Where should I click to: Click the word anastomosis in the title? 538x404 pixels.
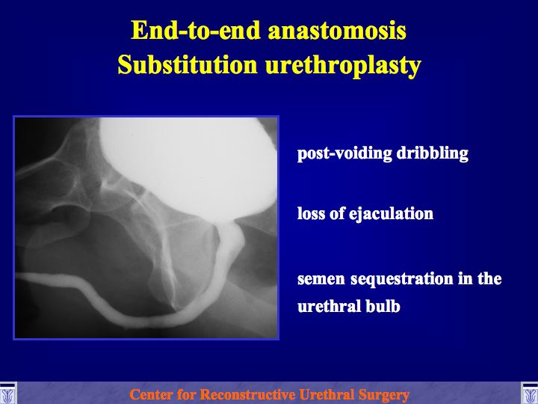tap(337, 31)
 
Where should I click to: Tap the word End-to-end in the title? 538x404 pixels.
tap(196, 30)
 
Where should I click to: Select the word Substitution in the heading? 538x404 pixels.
tap(188, 65)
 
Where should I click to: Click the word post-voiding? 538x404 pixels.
tap(344, 153)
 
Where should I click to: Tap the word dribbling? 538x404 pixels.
tap(433, 153)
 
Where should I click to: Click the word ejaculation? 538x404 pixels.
tap(391, 214)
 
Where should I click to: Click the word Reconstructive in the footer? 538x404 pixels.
tap(248, 394)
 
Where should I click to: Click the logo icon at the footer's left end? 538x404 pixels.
tap(7, 394)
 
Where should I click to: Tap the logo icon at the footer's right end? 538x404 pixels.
tap(530, 394)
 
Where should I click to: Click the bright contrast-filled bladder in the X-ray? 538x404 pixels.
tap(189, 165)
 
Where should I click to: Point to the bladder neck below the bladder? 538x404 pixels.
tap(229, 227)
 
